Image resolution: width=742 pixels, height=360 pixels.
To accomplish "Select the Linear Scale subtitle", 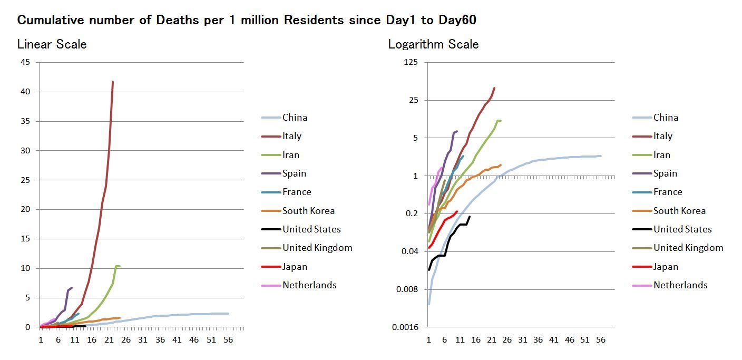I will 52,44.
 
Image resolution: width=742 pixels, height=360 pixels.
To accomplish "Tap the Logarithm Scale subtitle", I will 433,44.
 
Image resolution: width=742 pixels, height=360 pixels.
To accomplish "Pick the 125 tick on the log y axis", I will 410,62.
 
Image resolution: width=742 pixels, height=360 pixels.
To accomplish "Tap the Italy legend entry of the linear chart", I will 292,136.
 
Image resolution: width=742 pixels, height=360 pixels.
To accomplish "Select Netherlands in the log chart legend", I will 680,285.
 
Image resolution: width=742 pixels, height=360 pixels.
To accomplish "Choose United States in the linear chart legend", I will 311,229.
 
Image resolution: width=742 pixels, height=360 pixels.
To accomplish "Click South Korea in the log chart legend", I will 679,211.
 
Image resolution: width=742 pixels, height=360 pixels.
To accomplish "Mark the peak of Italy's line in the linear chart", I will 113,82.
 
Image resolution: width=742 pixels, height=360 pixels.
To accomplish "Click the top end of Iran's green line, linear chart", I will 116,266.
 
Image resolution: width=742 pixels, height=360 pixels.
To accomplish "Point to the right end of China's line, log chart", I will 600,156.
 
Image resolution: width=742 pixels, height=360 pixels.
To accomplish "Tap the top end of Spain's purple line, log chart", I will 456,131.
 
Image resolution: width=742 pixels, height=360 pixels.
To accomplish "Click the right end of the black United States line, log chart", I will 469,217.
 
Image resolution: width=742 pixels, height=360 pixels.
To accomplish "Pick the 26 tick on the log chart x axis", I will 506,340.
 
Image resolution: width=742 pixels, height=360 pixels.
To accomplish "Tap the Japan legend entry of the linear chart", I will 295,267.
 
